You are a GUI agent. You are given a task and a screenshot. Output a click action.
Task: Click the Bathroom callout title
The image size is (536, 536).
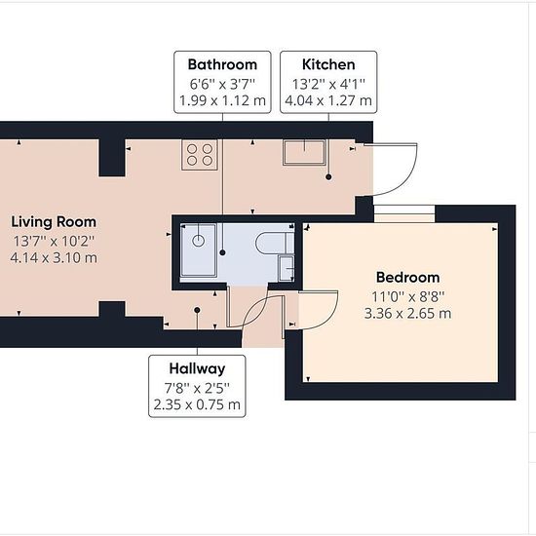tap(222, 64)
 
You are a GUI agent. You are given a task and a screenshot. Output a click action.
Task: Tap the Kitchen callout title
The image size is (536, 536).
tap(328, 64)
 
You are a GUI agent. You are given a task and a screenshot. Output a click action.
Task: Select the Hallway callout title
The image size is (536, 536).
tap(197, 368)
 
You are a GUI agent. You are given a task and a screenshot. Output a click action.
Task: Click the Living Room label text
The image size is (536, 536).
tap(54, 222)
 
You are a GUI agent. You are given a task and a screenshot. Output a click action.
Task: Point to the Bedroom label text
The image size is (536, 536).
tap(407, 277)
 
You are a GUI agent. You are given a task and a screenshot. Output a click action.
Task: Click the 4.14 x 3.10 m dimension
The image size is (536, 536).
tap(54, 257)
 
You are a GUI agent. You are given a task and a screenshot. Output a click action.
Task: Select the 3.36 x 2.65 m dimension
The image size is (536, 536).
tap(407, 313)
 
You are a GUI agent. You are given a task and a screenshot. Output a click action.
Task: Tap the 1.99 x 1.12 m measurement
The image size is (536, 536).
tap(222, 100)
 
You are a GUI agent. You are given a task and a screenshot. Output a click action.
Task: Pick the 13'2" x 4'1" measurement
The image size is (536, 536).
tap(328, 84)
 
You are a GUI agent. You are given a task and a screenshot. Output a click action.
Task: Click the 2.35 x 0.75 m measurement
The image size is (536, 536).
tap(197, 404)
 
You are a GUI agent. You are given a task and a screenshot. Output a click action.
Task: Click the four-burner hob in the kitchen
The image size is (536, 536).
tap(200, 155)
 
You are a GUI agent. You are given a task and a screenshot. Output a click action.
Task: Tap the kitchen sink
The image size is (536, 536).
tap(304, 152)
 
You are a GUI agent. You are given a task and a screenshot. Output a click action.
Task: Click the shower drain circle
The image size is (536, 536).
tap(199, 241)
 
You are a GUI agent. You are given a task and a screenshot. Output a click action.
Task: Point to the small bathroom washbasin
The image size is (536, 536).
tap(287, 269)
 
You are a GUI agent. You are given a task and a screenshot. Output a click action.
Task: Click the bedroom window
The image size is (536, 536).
tap(404, 214)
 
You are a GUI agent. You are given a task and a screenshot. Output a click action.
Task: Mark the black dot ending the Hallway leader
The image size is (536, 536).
tap(197, 310)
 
